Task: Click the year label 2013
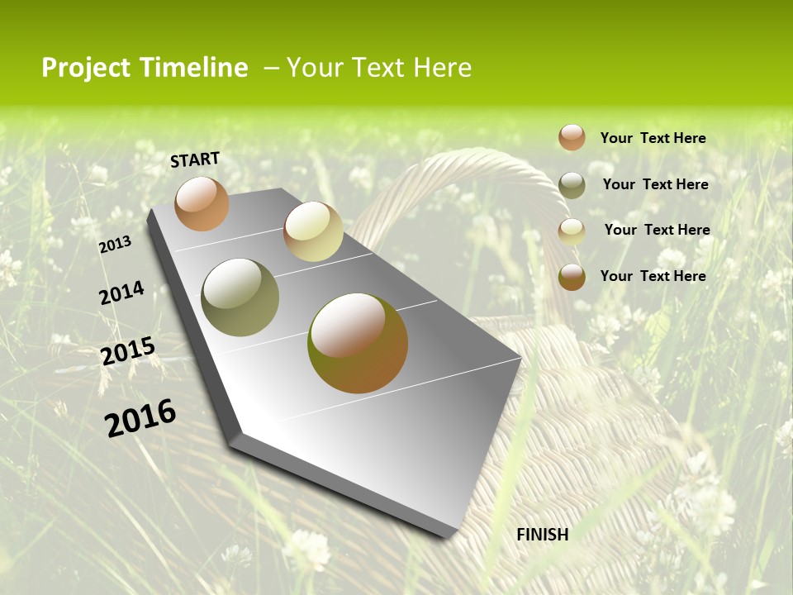(115, 244)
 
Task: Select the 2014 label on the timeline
(121, 293)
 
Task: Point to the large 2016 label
(140, 417)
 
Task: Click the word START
(195, 159)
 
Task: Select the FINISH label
(543, 535)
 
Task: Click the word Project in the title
(86, 68)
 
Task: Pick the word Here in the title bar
(442, 68)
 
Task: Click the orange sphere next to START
(202, 203)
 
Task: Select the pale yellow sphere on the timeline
(313, 231)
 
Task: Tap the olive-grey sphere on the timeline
(240, 297)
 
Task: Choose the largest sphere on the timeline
(358, 343)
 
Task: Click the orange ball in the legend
(572, 137)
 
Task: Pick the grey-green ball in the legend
(572, 185)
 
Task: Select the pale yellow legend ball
(572, 231)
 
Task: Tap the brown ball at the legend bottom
(572, 277)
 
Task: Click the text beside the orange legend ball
(653, 138)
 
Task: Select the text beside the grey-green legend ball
(655, 184)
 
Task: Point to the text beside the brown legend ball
(653, 276)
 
